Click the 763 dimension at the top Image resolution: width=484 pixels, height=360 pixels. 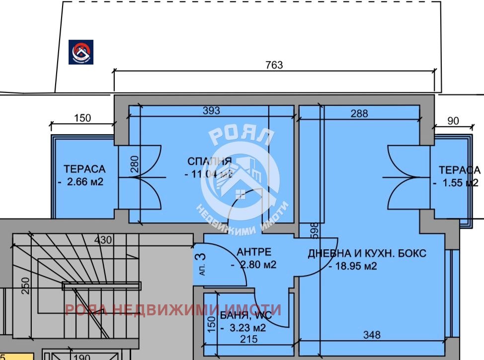point(274,65)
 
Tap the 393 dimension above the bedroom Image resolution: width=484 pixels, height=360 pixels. point(211,111)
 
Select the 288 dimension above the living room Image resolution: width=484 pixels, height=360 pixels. point(359,113)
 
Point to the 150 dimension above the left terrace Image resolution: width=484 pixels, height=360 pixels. point(82,118)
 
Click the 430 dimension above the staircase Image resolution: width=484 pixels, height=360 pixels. point(104,240)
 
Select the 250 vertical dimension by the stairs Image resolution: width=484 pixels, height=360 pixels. point(26,286)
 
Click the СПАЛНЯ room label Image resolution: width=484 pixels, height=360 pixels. point(209,161)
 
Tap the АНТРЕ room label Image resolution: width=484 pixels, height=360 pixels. point(253,251)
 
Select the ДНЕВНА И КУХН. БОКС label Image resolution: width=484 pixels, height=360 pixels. point(367,253)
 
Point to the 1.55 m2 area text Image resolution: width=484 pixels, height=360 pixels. point(456,183)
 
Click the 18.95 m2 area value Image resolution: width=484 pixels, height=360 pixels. point(353,266)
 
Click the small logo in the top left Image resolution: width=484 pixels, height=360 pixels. point(81,52)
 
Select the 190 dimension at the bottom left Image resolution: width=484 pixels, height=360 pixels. point(82,357)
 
